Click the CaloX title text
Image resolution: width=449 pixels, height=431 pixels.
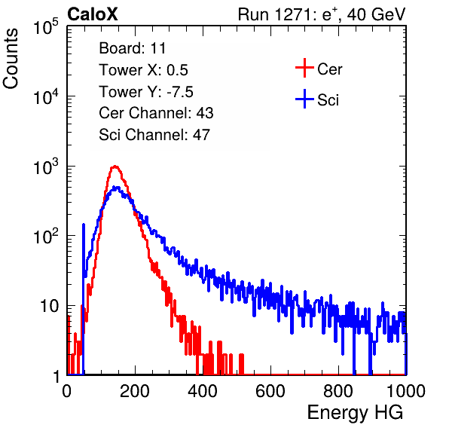tap(93, 14)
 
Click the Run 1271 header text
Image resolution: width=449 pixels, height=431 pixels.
tap(322, 14)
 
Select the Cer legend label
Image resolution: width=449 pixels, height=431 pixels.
tap(329, 69)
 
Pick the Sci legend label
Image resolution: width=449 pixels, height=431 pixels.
tap(328, 99)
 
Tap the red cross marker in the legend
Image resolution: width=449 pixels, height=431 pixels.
tap(304, 68)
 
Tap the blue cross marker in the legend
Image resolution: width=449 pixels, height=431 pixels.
tap(304, 99)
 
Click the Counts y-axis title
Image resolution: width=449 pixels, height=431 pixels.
tap(11, 59)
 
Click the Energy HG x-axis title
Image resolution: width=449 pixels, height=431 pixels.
tap(355, 413)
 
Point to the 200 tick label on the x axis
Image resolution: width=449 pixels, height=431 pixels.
tap(135, 391)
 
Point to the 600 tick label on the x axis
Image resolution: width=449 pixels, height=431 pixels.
tap(270, 391)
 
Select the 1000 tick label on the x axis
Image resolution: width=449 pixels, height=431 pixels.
tap(406, 391)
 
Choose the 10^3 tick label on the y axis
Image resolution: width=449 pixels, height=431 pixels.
tap(46, 167)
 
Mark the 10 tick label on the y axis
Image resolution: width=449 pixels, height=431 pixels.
tap(49, 306)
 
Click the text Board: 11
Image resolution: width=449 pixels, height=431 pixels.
tap(133, 48)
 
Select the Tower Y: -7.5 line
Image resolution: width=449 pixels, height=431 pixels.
tap(146, 92)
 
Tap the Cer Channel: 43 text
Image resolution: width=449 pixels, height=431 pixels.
tap(156, 113)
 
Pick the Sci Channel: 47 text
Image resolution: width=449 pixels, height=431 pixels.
tap(154, 135)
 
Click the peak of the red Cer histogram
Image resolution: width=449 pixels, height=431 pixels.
tap(115, 166)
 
